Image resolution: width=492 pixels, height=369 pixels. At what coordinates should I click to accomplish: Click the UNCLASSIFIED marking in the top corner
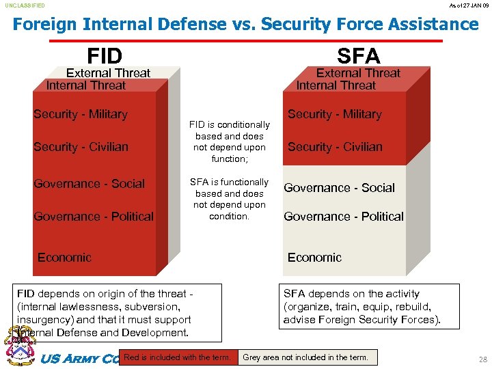click(25, 5)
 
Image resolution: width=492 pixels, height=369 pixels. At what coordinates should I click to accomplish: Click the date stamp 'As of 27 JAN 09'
click(469, 5)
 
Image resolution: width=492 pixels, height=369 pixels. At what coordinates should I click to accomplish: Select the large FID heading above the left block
click(105, 55)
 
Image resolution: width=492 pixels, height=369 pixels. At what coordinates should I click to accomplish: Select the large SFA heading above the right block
click(358, 55)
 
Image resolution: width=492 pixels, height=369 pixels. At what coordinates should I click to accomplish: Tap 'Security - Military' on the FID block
click(81, 114)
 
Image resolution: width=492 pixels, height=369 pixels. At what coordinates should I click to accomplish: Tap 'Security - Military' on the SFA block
click(334, 114)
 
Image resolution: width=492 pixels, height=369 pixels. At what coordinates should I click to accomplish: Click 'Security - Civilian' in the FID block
click(81, 147)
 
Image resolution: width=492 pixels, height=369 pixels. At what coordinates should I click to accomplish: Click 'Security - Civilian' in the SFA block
click(335, 147)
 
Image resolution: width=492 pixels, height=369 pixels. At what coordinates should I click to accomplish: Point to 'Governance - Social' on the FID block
click(89, 184)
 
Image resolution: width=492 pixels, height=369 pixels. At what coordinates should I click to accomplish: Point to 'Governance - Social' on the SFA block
click(339, 188)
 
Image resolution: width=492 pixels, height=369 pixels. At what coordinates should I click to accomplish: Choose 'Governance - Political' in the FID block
click(94, 217)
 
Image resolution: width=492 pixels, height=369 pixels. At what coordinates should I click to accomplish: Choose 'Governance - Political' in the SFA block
click(344, 217)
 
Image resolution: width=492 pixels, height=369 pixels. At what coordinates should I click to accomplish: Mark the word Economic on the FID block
click(64, 258)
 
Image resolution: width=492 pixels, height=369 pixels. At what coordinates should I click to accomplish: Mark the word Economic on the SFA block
click(314, 258)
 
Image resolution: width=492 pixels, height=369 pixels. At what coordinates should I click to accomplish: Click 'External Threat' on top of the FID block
click(108, 73)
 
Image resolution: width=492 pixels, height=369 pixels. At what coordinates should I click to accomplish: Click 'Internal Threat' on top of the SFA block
click(336, 85)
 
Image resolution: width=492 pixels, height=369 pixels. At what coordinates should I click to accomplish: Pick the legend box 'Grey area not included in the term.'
click(305, 357)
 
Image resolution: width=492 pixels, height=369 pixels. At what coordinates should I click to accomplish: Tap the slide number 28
click(483, 359)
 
